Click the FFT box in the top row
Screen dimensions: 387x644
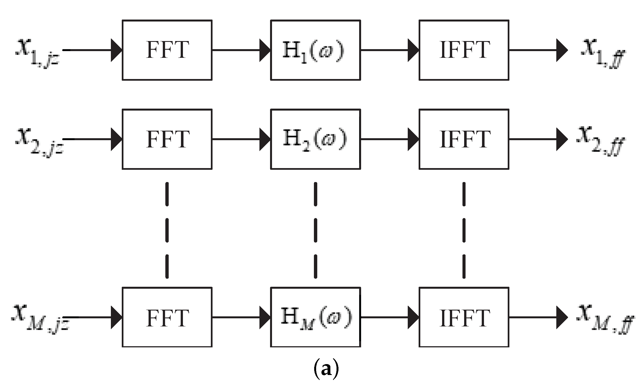coord(167,50)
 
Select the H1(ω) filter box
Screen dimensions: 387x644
coord(315,50)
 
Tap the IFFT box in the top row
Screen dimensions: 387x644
coord(464,50)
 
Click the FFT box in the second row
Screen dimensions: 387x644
coord(167,139)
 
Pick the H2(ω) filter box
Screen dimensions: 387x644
coord(315,139)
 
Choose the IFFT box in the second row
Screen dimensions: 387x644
coord(464,139)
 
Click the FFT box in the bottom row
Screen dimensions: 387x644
coord(167,317)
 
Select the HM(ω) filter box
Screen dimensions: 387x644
coord(315,317)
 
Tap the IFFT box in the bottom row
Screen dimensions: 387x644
coord(464,317)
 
